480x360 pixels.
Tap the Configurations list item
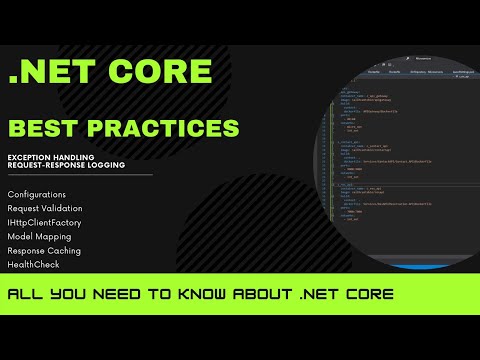37,194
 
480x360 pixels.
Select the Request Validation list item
46,208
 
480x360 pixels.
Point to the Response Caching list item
44,250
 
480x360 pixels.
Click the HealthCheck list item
33,264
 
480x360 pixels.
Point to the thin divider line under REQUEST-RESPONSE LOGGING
80,175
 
